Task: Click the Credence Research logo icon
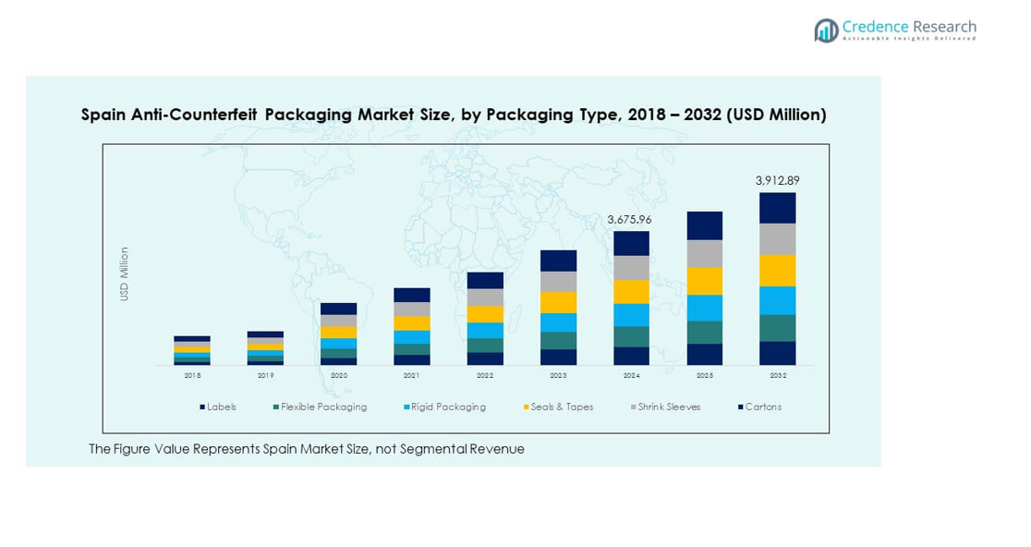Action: pyautogui.click(x=826, y=30)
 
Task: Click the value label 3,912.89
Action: pyautogui.click(x=777, y=180)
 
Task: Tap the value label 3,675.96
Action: pyautogui.click(x=631, y=220)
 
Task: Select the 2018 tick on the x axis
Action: pyautogui.click(x=192, y=376)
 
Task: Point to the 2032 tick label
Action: pyautogui.click(x=777, y=376)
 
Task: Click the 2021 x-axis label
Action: pyautogui.click(x=411, y=376)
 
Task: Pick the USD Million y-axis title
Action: pyautogui.click(x=125, y=273)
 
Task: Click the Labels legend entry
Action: pyautogui.click(x=218, y=407)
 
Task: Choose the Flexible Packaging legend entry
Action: pyautogui.click(x=320, y=407)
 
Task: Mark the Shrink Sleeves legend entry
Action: pyautogui.click(x=665, y=407)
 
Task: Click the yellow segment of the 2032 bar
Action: pyautogui.click(x=777, y=270)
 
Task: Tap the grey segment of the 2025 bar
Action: pyautogui.click(x=704, y=253)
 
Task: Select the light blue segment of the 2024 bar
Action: pyautogui.click(x=631, y=315)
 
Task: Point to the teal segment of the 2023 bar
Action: pyautogui.click(x=558, y=340)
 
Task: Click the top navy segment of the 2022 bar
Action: pyautogui.click(x=485, y=280)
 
